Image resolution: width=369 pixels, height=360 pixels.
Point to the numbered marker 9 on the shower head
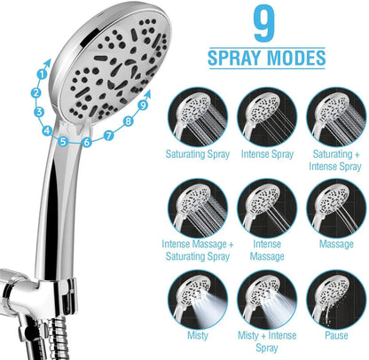click(142, 106)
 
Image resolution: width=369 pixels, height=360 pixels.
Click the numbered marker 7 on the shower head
click(109, 136)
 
